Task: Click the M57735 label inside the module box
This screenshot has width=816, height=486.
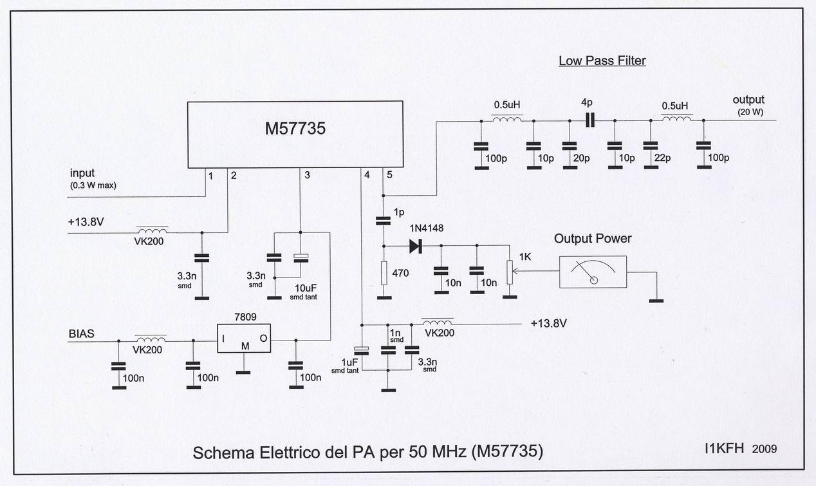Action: coord(295,129)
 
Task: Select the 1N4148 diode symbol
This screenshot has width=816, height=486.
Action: coord(416,245)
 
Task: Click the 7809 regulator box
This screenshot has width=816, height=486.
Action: coord(243,339)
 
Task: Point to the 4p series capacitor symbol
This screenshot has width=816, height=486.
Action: coord(588,120)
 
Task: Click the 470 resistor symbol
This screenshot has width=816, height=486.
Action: coord(384,273)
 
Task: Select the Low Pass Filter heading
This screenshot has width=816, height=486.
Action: coord(602,61)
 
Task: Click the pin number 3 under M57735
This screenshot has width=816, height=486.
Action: coord(307,175)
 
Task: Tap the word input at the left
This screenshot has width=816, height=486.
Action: coord(82,173)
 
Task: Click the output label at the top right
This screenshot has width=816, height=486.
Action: coord(748,100)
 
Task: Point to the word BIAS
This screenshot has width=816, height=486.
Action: coord(81,334)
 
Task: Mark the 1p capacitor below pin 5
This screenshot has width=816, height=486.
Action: coord(384,221)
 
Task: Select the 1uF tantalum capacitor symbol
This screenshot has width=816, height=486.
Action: coord(362,350)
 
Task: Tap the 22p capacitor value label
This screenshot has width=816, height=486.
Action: coord(661,158)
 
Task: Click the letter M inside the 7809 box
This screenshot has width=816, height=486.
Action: coord(245,346)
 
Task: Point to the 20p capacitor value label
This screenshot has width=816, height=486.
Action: coord(581,158)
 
